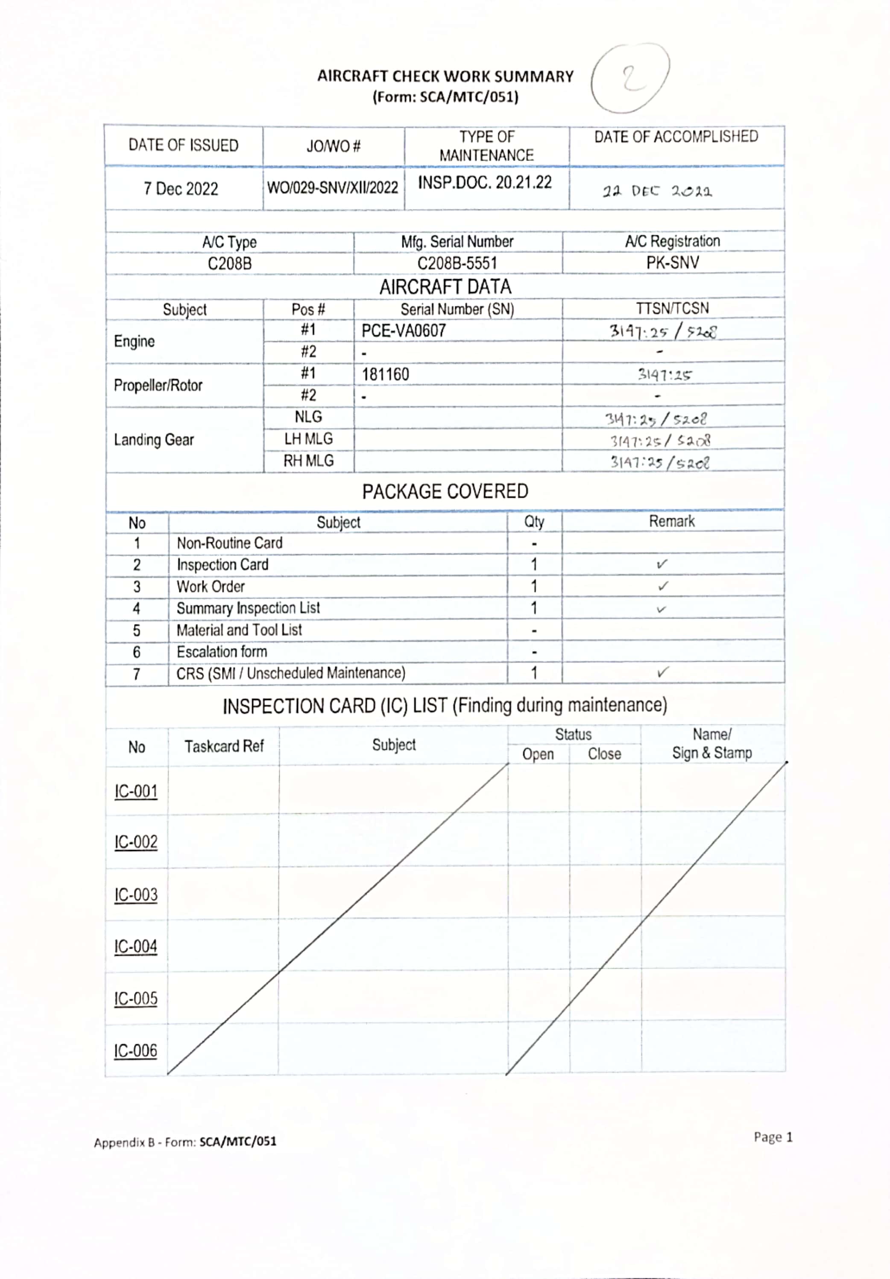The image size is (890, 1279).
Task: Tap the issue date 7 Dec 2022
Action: pos(181,189)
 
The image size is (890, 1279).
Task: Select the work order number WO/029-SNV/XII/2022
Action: pos(333,188)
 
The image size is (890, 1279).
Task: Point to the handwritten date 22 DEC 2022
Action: pos(657,192)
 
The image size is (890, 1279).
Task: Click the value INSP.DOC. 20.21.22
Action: pos(485,183)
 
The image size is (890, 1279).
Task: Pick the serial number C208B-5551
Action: pos(457,263)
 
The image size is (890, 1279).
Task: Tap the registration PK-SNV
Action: pos(672,263)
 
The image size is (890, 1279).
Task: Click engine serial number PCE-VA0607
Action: pos(404,331)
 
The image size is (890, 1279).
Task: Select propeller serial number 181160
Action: pos(385,374)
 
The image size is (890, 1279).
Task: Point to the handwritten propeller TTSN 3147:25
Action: pos(664,375)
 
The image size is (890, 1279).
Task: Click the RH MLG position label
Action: pos(308,461)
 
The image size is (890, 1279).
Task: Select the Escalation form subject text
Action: pos(222,652)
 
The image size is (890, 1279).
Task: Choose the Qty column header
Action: pos(534,522)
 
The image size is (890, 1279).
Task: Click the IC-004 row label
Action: pos(136,946)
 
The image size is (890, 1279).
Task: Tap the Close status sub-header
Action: pos(604,754)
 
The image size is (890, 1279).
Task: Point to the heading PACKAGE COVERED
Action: pos(445,491)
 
